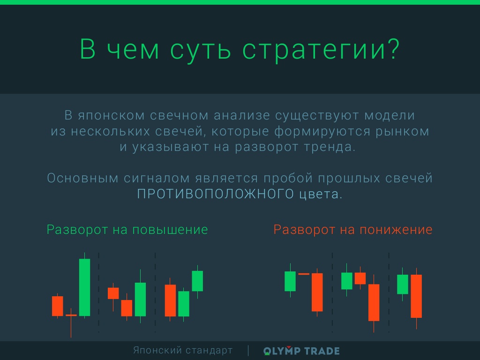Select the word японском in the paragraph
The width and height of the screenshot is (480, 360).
click(x=111, y=116)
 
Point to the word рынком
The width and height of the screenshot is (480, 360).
click(x=402, y=131)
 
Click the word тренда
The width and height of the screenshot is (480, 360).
click(x=330, y=147)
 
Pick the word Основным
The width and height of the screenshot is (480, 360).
click(x=82, y=178)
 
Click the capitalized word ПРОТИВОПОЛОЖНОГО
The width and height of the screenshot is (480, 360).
click(x=216, y=194)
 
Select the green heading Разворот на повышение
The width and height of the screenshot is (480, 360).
click(x=127, y=230)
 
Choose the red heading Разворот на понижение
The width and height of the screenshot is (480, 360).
click(x=353, y=230)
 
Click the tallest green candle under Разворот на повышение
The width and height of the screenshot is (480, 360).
click(x=84, y=287)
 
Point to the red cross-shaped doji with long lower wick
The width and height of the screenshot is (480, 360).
click(x=71, y=315)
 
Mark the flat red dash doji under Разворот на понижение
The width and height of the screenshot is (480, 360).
click(x=304, y=274)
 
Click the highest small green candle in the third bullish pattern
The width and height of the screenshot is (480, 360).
click(x=197, y=281)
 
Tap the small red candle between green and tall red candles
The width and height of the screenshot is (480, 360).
click(x=360, y=278)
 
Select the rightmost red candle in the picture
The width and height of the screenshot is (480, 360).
click(x=416, y=296)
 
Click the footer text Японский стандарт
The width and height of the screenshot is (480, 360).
click(x=183, y=350)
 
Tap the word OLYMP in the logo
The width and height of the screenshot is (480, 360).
click(x=282, y=351)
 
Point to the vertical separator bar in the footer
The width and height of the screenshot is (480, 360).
click(x=248, y=351)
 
